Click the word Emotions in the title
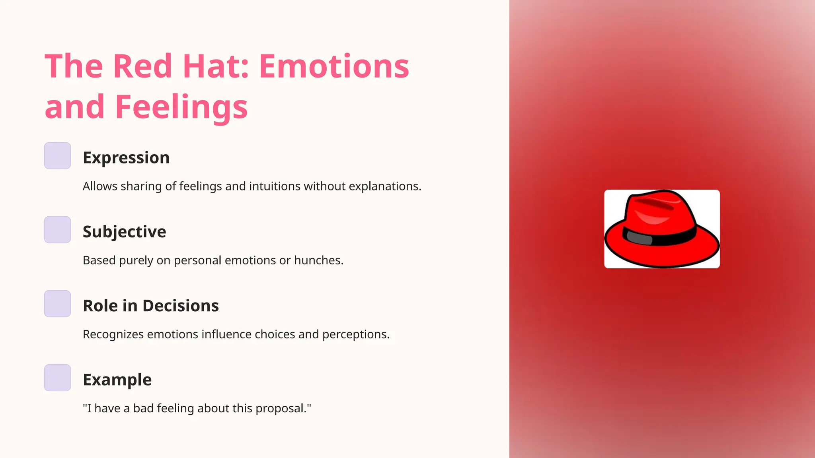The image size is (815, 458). click(x=334, y=66)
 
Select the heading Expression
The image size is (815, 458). click(x=126, y=158)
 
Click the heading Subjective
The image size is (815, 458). click(x=124, y=232)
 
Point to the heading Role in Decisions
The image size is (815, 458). click(x=150, y=306)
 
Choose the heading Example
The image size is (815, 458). click(x=117, y=380)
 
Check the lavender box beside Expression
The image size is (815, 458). click(x=57, y=156)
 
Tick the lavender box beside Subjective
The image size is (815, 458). click(x=57, y=230)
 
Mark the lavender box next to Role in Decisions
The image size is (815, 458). click(x=57, y=304)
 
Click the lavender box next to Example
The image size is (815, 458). click(x=57, y=378)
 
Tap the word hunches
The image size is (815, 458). click(x=318, y=260)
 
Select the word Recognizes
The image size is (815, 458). click(x=113, y=334)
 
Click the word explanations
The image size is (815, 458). click(x=384, y=186)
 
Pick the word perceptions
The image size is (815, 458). click(x=355, y=334)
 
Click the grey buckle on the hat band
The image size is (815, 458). click(x=639, y=238)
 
